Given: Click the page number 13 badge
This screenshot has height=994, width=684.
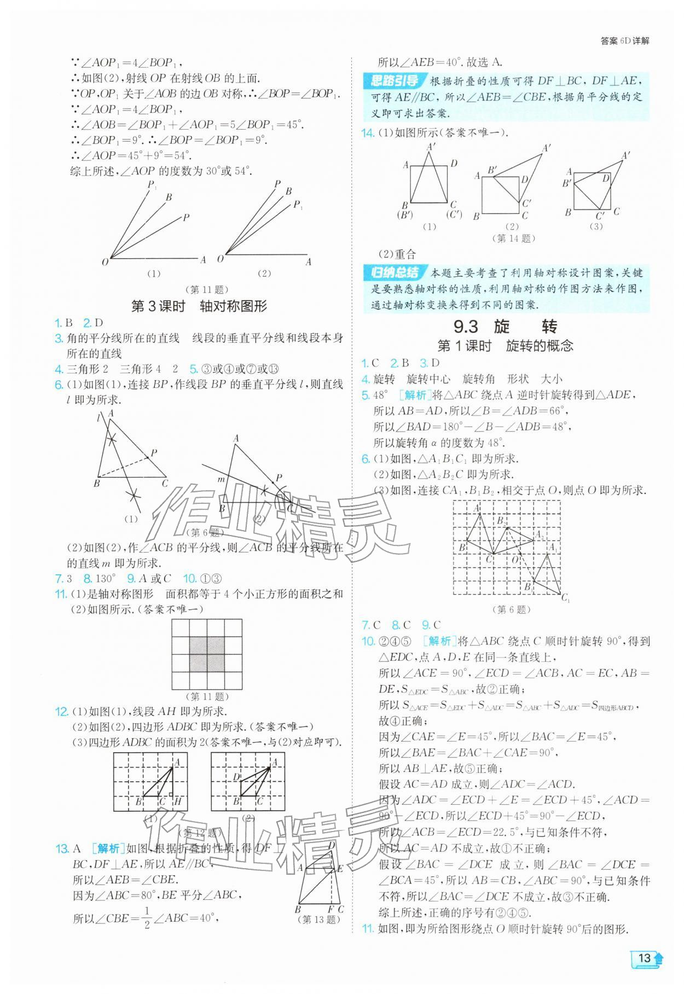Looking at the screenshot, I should click(x=646, y=973).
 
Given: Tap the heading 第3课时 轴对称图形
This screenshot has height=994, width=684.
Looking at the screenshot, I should click(x=199, y=306).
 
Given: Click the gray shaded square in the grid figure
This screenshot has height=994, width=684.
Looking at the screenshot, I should click(x=207, y=654).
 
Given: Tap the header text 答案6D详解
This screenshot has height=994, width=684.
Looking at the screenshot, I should click(x=624, y=41).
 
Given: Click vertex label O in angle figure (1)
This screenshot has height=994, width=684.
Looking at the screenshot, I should click(x=105, y=261).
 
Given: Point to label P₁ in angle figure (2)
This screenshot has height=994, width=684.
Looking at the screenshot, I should click(x=298, y=205).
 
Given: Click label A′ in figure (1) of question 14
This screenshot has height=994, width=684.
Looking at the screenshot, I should click(x=431, y=146).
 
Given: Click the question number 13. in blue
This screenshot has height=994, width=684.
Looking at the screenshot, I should click(x=62, y=848).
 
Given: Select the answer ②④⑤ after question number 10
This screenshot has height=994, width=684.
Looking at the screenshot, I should click(x=395, y=641).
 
